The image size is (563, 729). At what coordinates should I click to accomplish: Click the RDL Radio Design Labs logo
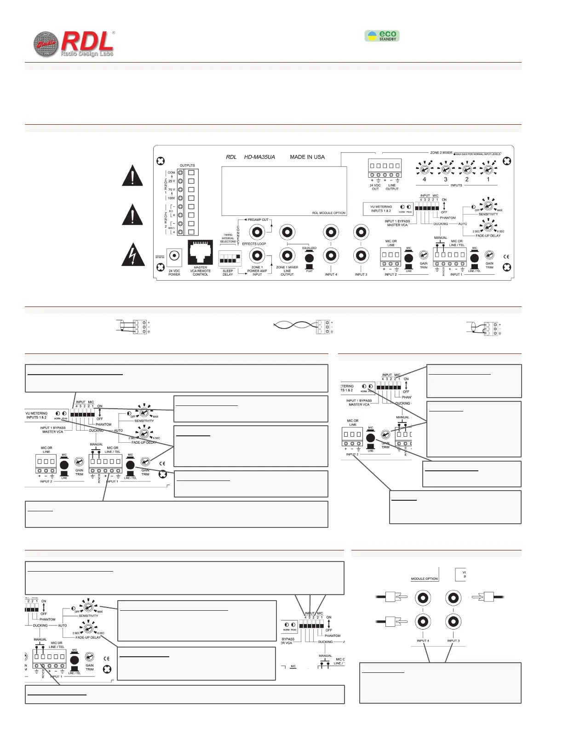(74, 45)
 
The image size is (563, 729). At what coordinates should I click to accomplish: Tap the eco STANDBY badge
(382, 36)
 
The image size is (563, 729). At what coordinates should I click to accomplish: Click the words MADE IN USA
(307, 157)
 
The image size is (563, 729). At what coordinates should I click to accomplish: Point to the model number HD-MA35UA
(259, 157)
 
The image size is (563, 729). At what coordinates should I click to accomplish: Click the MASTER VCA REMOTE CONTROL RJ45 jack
(200, 253)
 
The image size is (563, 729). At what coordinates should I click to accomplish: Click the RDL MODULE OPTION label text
(328, 213)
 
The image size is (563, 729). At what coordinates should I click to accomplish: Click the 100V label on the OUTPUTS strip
(171, 198)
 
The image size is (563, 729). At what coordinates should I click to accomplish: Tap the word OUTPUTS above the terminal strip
(187, 165)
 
